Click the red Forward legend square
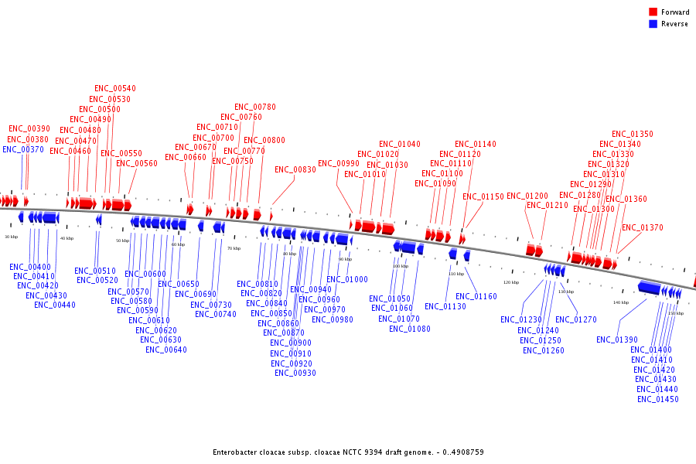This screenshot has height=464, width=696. pos(653,12)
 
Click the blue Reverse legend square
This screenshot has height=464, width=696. pos(653,24)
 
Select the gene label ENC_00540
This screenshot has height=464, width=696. pos(114,89)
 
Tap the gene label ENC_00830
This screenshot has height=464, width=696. pos(295,170)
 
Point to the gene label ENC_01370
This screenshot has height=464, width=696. pos(643,228)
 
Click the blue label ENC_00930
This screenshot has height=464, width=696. pos(295,374)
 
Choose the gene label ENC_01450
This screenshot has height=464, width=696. pos(658,400)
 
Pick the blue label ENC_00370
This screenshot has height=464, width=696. pos(23,150)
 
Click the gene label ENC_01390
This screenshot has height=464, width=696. pos(617,340)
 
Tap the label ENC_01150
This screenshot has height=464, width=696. pos(483,197)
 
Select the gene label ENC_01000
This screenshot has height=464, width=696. pos(347,280)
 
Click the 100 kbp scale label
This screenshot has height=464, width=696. pos(401,266)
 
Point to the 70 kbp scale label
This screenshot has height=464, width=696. pos(234,248)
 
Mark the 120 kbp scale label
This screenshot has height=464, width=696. pos(511,282)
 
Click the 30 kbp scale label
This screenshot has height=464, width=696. pos(11,237)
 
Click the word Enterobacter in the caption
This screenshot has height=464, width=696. pos(236,452)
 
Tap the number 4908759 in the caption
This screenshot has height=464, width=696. pos(467,452)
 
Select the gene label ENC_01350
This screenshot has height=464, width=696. pos(633,135)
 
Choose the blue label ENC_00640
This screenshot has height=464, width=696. pos(166,350)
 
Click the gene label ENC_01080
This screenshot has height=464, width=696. pos(410,329)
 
